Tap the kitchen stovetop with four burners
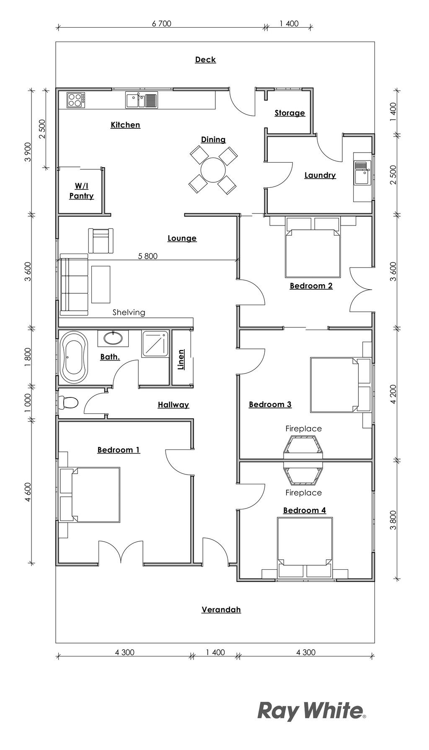point(76,99)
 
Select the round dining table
point(213,170)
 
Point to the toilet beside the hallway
point(68,402)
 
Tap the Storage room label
point(289,113)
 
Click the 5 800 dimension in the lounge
point(148,256)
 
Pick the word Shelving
point(129,312)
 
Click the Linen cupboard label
point(181,360)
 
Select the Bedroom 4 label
point(305,510)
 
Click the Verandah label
point(221,609)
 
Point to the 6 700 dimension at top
point(161,23)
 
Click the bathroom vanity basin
point(113,337)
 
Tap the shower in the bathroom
point(155,344)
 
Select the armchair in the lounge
point(101,241)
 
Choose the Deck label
point(205,60)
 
